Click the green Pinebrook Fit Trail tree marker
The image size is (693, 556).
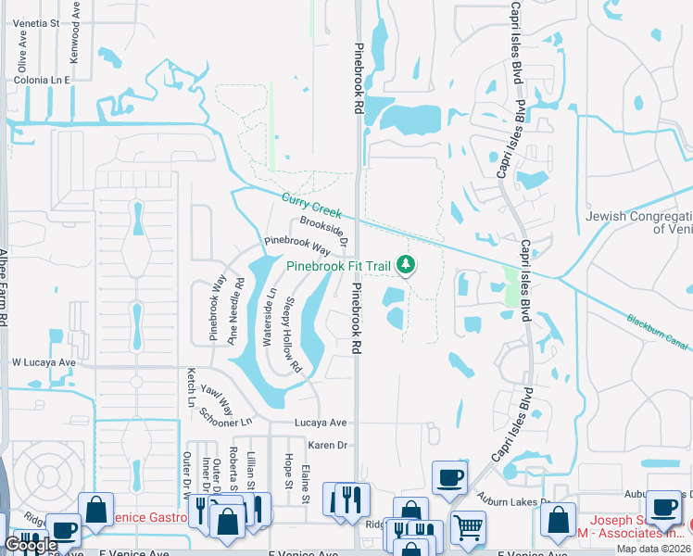[405, 265]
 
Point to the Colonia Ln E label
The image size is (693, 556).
[42, 81]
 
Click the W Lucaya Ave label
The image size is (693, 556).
[43, 362]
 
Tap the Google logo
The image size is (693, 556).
[31, 545]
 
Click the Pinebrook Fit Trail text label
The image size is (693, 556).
[338, 265]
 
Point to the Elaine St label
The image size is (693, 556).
[305, 483]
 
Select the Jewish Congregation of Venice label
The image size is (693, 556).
[639, 222]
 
